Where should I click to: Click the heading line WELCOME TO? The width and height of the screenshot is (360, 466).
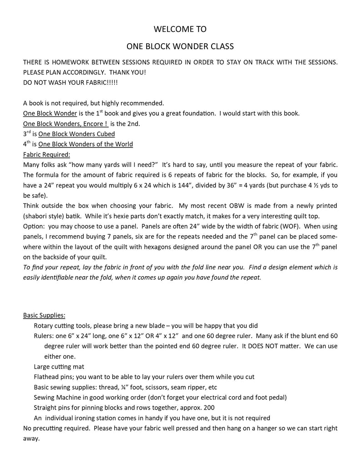(180, 29)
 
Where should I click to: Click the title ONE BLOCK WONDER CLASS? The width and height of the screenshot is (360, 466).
(180, 46)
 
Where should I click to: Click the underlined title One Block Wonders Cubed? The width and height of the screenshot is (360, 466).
(76, 134)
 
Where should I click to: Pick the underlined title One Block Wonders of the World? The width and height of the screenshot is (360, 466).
(86, 144)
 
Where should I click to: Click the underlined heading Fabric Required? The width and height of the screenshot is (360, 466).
(46, 154)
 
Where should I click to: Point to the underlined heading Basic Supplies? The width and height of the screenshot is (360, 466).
(44, 315)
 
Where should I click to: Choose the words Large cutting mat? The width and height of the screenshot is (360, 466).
(59, 366)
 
